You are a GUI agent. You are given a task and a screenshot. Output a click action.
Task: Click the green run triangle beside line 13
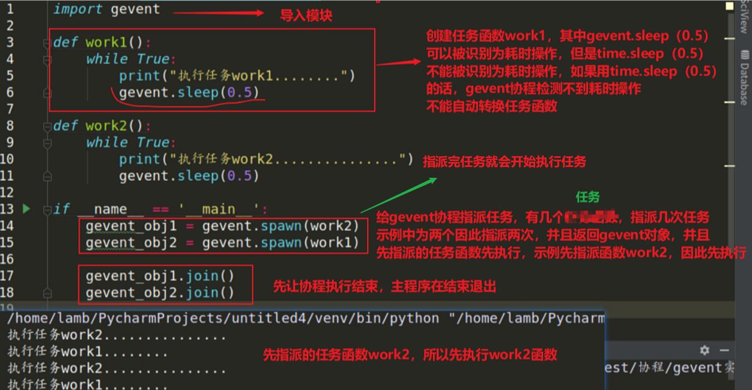tap(26, 209)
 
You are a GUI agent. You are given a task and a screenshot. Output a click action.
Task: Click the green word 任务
tap(587, 197)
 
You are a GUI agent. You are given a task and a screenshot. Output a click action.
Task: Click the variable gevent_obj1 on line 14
tap(131, 226)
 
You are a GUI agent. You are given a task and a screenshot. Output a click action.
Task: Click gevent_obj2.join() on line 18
tap(160, 293)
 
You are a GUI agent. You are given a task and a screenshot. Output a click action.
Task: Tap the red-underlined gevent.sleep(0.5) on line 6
tap(189, 93)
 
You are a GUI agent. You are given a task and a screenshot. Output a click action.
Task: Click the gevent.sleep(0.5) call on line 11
tap(189, 176)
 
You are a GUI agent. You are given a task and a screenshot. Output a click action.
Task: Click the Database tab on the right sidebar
tap(744, 84)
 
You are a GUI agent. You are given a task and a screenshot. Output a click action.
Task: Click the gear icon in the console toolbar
tap(705, 350)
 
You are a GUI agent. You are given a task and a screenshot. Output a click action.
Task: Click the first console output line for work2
tap(117, 335)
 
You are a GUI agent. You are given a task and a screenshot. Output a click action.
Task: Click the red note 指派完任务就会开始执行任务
tap(504, 162)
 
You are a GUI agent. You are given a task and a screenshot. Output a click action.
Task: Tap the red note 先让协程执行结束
tap(384, 286)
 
